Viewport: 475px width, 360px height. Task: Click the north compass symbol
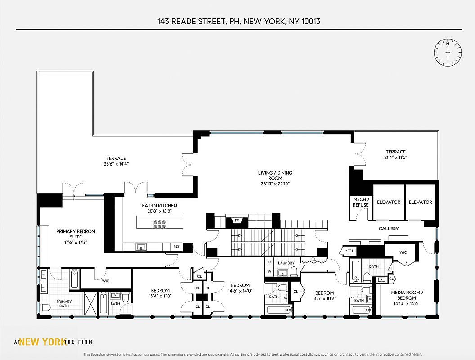(x=448, y=53)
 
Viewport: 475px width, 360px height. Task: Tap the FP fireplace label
(x=236, y=220)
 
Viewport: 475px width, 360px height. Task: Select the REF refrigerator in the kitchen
(x=177, y=247)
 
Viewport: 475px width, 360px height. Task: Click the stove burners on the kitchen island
(x=159, y=224)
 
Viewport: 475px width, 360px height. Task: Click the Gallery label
(x=388, y=229)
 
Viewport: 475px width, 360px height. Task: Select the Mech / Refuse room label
(x=361, y=202)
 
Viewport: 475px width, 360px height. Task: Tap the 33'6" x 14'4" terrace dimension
(x=116, y=164)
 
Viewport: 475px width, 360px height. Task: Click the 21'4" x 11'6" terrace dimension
(x=395, y=157)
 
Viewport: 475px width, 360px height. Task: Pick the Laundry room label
(x=286, y=263)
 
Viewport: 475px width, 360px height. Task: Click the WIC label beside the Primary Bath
(x=105, y=281)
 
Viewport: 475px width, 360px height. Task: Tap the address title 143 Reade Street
(x=239, y=21)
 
